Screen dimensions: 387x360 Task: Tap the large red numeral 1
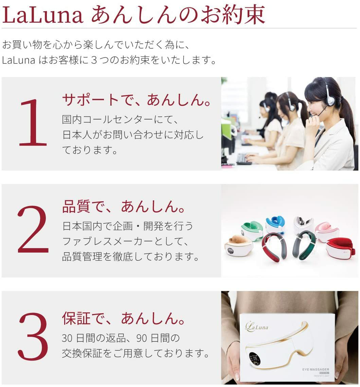coord(33,123)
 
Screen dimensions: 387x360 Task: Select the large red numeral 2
coord(33,230)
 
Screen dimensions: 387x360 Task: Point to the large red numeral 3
coord(33,336)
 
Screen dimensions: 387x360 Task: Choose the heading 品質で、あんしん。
coord(124,206)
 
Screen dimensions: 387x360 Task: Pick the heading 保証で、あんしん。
coord(124,318)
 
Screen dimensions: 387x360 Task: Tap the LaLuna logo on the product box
coord(257,327)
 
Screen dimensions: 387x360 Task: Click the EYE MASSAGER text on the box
coord(316,369)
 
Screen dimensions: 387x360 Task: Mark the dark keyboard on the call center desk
coord(244,159)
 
